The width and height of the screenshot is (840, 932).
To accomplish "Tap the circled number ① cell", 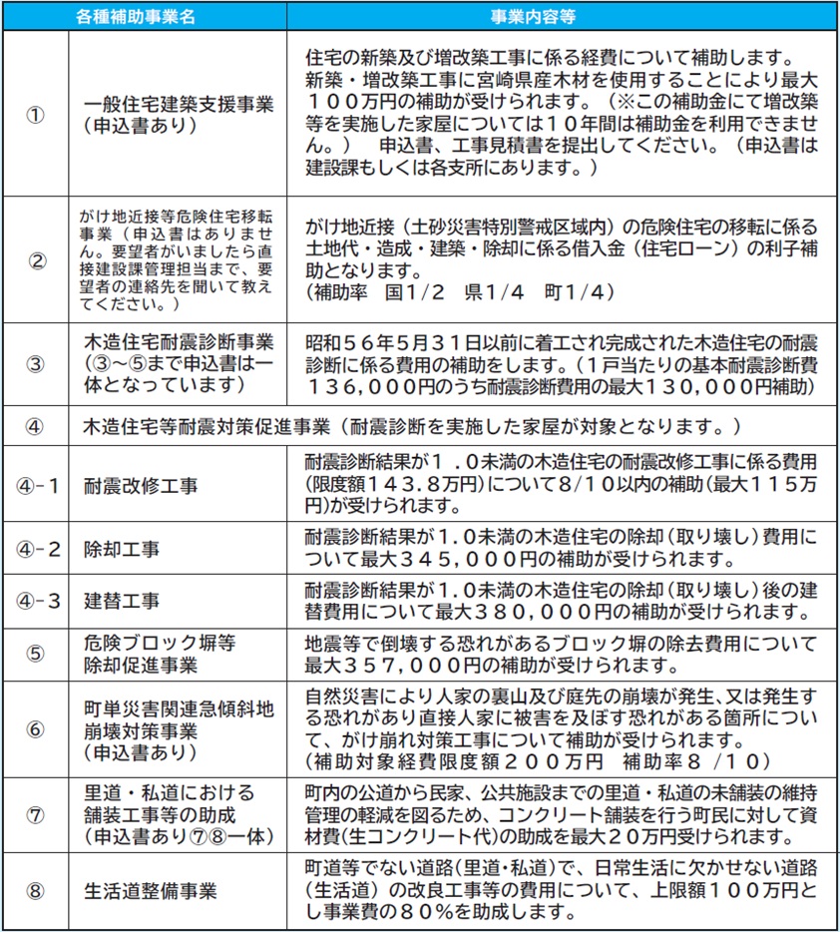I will point(35,113).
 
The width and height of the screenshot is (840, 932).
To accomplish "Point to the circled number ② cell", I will point(35,261).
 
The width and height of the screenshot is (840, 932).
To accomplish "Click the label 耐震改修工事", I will point(140,486).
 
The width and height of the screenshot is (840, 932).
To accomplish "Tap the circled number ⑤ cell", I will point(35,655).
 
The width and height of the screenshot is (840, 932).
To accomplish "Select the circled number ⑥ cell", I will point(35,728).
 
